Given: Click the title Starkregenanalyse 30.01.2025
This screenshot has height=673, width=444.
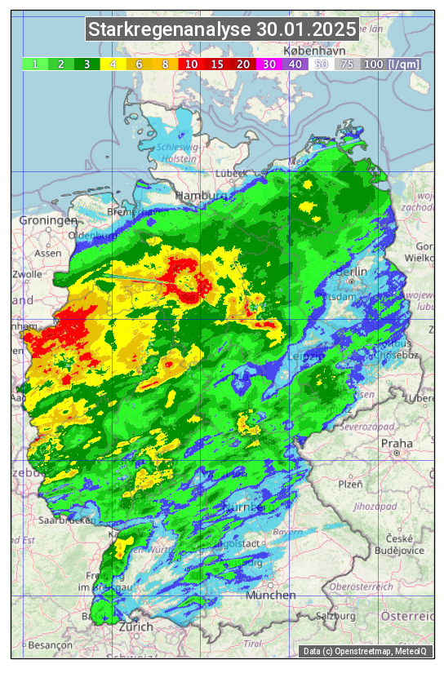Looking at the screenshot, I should [222, 30].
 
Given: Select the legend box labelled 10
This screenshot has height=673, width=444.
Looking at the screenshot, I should [192, 64].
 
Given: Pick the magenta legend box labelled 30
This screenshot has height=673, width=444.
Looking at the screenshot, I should [269, 64].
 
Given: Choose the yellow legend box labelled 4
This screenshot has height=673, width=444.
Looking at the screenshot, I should [113, 64].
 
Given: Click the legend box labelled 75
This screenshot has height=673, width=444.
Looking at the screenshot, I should [347, 64].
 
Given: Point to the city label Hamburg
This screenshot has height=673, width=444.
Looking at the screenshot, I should [202, 196].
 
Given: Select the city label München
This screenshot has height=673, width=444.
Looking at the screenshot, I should [271, 596].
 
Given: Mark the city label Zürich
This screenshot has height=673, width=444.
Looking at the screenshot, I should [135, 627].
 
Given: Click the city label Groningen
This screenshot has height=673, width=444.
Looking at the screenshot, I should [49, 220].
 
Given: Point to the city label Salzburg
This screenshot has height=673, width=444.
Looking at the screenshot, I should [337, 614].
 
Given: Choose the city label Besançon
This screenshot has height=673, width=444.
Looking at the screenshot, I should [50, 644].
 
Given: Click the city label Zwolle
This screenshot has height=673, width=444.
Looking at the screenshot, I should [27, 274].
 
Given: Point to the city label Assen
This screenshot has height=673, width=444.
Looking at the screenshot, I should [48, 253].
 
